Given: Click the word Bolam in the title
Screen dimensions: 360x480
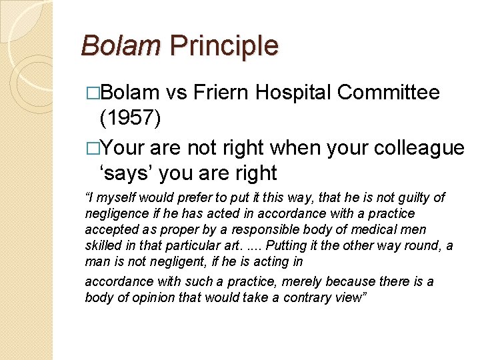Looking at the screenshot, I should (121, 46).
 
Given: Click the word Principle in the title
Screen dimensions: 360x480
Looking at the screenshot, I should (224, 46).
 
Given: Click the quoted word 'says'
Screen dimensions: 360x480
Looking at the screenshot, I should (125, 173).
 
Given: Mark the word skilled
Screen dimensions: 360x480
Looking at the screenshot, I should (103, 246).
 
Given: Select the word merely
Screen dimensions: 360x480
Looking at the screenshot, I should (285, 282).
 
